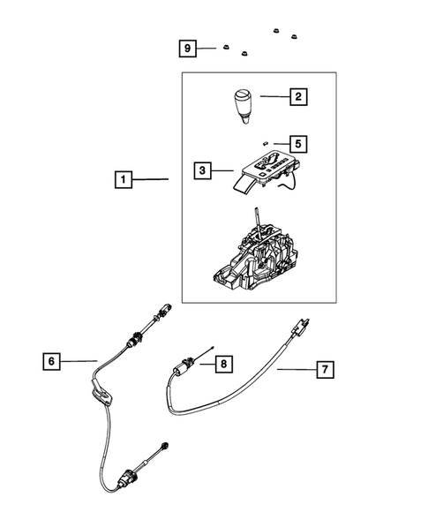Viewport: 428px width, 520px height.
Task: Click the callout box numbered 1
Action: (x=124, y=180)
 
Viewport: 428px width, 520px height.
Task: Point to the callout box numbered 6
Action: (x=52, y=360)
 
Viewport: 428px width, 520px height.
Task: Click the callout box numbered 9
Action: (x=186, y=48)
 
